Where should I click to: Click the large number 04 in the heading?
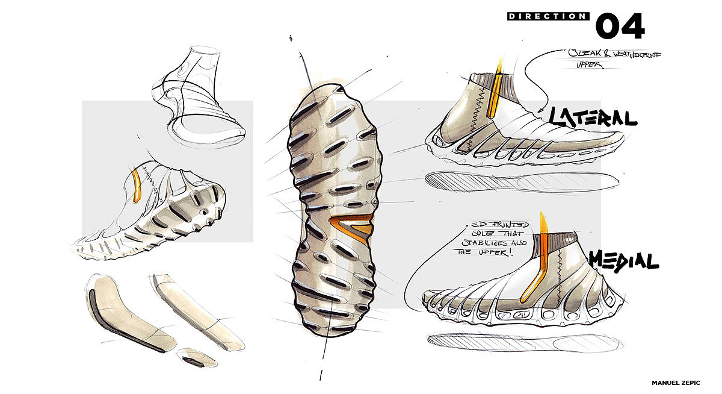[x=620, y=26]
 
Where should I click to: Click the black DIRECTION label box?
[x=547, y=16]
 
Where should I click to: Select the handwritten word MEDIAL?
[x=623, y=260]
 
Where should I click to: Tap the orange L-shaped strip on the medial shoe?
[x=538, y=265]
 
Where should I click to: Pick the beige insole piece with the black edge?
[x=123, y=313]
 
